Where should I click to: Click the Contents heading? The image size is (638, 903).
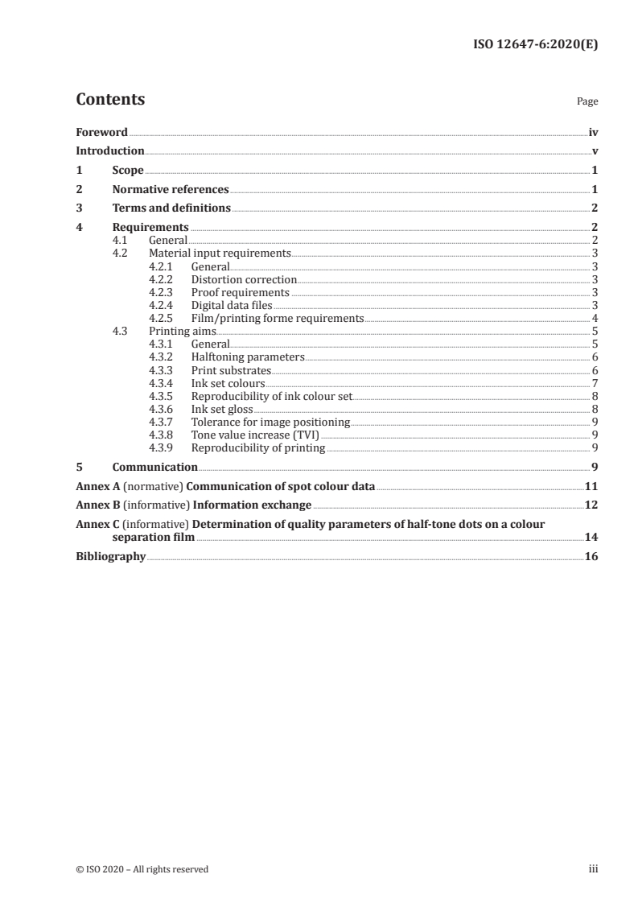click(x=110, y=100)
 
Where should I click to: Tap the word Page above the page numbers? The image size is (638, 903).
click(x=587, y=102)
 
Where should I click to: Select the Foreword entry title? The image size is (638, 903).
click(x=101, y=132)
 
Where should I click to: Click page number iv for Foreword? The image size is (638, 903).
click(x=593, y=132)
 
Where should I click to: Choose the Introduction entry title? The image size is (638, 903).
click(x=110, y=151)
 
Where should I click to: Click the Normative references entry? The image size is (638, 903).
click(x=171, y=190)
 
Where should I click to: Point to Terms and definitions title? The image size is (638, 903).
click(x=171, y=208)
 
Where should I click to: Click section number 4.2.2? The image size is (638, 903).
click(x=163, y=279)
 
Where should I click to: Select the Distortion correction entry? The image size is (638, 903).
click(x=244, y=279)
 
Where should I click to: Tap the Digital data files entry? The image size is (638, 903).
click(x=232, y=305)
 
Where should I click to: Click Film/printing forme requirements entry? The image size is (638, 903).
click(x=278, y=318)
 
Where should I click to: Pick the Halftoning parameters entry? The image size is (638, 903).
click(x=248, y=357)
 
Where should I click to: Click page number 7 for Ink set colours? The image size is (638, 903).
click(x=595, y=383)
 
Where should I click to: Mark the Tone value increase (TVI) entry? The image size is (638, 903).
click(x=255, y=435)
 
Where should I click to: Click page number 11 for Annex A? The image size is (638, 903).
click(x=591, y=486)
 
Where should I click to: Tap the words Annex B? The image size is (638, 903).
click(x=97, y=505)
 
